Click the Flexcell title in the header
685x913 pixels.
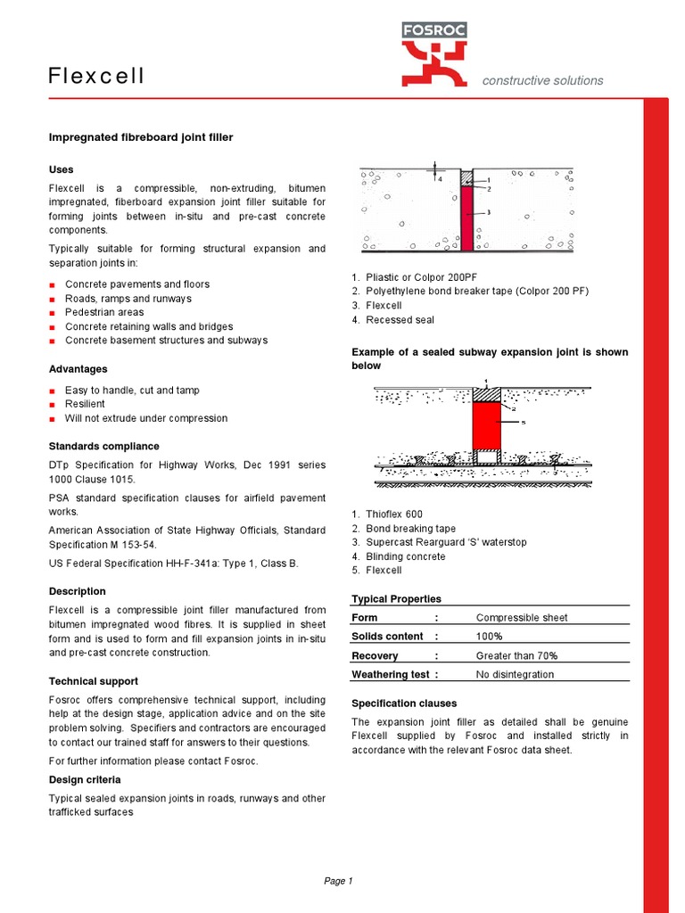pyautogui.click(x=96, y=77)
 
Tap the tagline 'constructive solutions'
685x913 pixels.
pyautogui.click(x=542, y=80)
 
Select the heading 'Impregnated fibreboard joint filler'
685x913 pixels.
pyautogui.click(x=140, y=136)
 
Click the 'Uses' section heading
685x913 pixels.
pyautogui.click(x=62, y=169)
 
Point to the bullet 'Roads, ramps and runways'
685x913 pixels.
pyautogui.click(x=128, y=299)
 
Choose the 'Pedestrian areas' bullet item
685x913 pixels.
pyautogui.click(x=104, y=312)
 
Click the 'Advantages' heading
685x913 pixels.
pyautogui.click(x=78, y=369)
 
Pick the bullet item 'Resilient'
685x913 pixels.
pyautogui.click(x=85, y=404)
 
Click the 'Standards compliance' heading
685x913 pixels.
pyautogui.click(x=104, y=446)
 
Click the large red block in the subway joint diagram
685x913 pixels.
pyautogui.click(x=486, y=424)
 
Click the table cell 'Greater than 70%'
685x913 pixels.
pyautogui.click(x=516, y=655)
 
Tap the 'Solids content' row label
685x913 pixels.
pyautogui.click(x=388, y=637)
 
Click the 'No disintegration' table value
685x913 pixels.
pyautogui.click(x=515, y=675)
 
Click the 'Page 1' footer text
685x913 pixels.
pyautogui.click(x=338, y=881)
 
